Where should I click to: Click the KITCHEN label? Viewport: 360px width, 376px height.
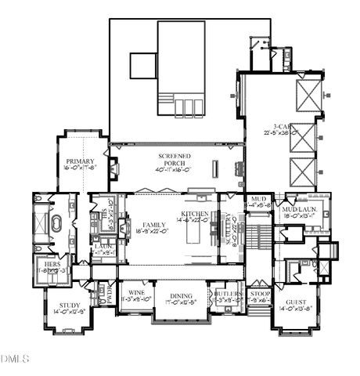pyautogui.click(x=194, y=214)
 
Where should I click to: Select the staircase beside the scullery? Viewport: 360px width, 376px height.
pyautogui.click(x=262, y=235)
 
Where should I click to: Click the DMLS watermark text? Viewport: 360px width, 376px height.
pyautogui.click(x=15, y=359)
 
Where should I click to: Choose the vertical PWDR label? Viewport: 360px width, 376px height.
pyautogui.click(x=110, y=296)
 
